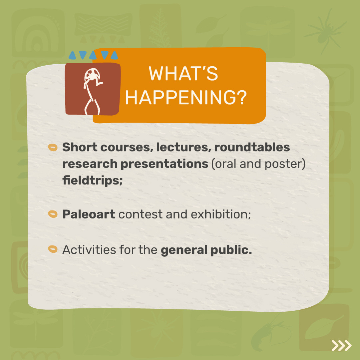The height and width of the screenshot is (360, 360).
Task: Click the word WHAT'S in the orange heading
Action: [x=183, y=74]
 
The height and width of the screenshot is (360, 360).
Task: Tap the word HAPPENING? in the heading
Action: [x=186, y=98]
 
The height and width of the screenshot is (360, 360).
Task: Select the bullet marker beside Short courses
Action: [x=53, y=148]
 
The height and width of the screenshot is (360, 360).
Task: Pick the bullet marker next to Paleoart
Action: [x=53, y=214]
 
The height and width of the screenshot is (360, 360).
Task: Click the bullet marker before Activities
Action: [x=53, y=249]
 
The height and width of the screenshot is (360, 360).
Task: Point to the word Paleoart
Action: [x=89, y=214]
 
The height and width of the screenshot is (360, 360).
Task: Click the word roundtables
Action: [x=252, y=147]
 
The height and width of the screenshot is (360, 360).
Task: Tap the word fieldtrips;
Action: [x=93, y=180]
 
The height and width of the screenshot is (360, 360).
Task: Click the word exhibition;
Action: [x=221, y=214]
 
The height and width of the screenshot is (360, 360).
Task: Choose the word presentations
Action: [x=165, y=164]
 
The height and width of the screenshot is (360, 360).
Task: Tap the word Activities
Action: [x=89, y=249]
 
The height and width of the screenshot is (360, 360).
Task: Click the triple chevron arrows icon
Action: [x=341, y=345]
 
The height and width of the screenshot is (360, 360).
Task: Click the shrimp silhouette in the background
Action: [x=269, y=332]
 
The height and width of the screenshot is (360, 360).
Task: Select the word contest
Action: [x=141, y=214]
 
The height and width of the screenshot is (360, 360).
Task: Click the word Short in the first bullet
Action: [x=80, y=147]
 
